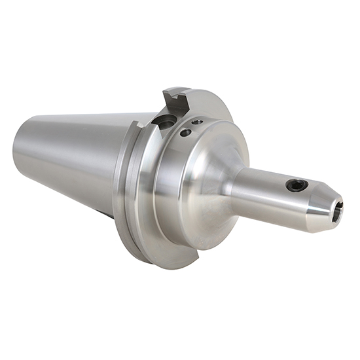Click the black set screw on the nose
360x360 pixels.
[x=297, y=186]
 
